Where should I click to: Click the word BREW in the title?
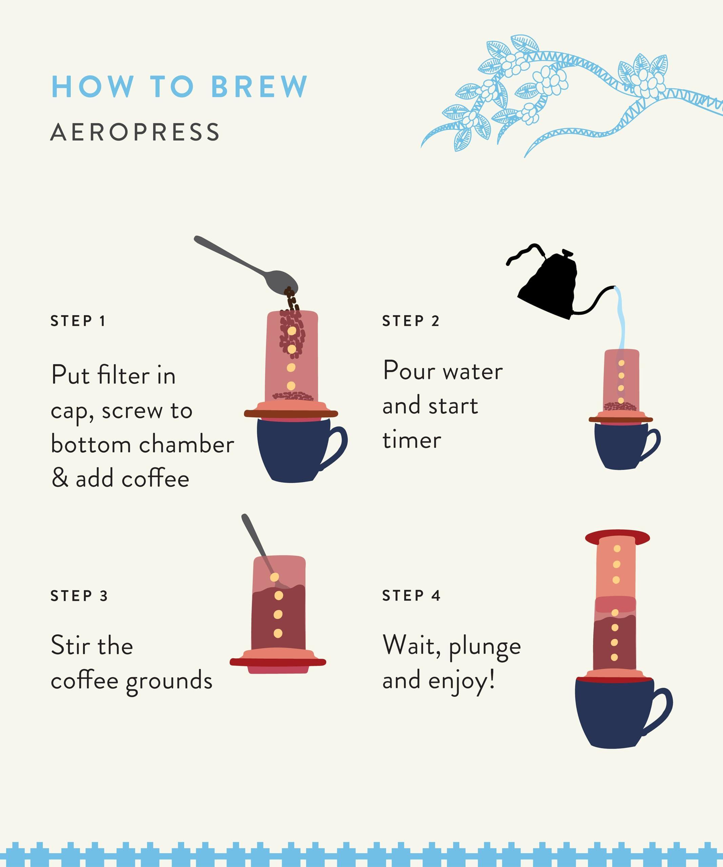pos(259,87)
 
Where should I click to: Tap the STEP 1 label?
pos(78,321)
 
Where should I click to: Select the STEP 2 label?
pos(410,321)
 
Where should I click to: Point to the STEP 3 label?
pos(79,596)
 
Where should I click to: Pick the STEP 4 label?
pos(411,595)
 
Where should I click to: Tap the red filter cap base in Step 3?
pos(278,662)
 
